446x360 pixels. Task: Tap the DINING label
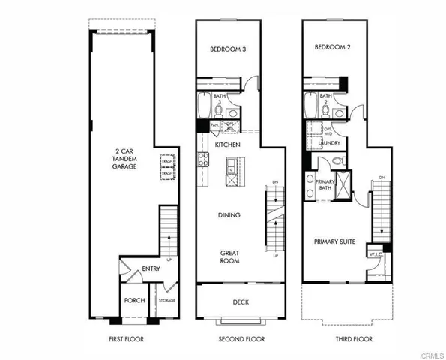[229, 215]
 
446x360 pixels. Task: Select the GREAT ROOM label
[229, 256]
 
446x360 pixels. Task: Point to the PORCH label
[134, 300]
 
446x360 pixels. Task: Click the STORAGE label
[166, 301]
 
